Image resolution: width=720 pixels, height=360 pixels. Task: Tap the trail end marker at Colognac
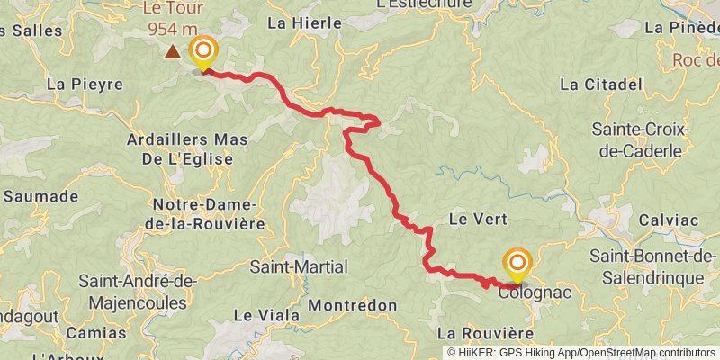coord(517,265)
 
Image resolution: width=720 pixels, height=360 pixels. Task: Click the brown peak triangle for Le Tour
coord(172,52)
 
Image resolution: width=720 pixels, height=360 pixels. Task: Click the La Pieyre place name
coord(84,85)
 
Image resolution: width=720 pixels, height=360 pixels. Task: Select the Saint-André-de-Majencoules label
coord(138,290)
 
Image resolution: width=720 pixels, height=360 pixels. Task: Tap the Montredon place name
coord(355,306)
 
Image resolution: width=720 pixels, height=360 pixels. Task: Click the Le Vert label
coord(478,219)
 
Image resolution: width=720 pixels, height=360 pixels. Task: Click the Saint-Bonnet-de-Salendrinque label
coord(646,267)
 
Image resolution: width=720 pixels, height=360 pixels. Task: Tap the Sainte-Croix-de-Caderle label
coord(639,139)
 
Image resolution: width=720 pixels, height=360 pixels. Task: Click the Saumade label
coord(45,196)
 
